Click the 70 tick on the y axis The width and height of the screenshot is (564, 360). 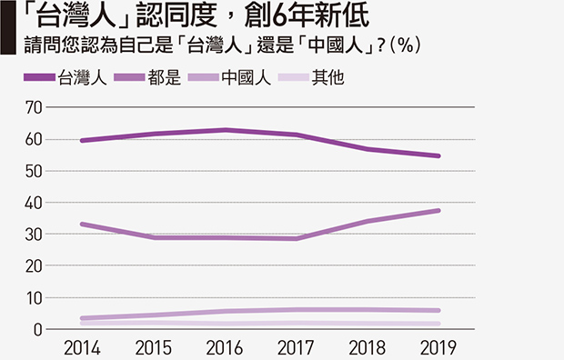tap(34, 107)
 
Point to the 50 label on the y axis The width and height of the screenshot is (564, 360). tap(34, 171)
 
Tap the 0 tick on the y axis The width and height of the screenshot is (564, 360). tap(38, 329)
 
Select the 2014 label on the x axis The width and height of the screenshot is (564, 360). tap(82, 348)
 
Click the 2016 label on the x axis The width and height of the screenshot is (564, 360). tap(225, 348)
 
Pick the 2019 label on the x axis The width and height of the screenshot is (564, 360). tap(438, 348)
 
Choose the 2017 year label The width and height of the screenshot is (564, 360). tap(296, 348)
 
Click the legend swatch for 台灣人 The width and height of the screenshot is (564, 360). tap(39, 77)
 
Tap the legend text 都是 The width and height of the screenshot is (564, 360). tap(164, 77)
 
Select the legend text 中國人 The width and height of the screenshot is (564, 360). tap(247, 77)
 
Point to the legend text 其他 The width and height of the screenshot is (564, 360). tap(328, 77)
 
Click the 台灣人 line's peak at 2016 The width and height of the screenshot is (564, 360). tap(226, 130)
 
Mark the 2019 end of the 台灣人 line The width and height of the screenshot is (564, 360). tap(438, 156)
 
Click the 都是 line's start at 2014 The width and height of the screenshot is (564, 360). tap(83, 225)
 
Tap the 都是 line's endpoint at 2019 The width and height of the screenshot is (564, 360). tap(438, 211)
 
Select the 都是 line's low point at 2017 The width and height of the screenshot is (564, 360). tap(296, 238)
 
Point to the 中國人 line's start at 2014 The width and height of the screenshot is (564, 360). tap(83, 318)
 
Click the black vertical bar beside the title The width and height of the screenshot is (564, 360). tap(8, 27)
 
